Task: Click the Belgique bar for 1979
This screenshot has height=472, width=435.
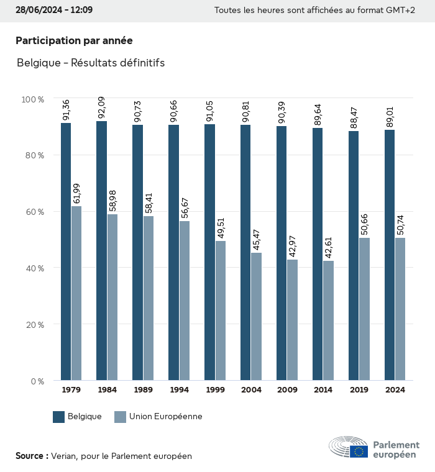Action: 66,252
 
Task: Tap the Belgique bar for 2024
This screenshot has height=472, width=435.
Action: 390,255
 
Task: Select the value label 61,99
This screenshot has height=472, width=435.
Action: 76,193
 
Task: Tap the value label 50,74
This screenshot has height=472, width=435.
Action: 400,225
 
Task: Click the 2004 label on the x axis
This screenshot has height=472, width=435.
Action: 251,390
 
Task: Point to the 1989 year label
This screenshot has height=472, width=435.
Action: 143,390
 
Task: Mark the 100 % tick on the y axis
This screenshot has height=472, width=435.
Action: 32,99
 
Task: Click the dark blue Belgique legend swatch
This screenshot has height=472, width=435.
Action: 59,417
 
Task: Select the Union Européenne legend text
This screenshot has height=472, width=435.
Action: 166,417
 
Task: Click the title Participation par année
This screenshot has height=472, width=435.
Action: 74,40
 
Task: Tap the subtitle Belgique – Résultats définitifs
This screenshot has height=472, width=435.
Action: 91,63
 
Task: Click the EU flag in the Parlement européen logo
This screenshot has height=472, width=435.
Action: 359,452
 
